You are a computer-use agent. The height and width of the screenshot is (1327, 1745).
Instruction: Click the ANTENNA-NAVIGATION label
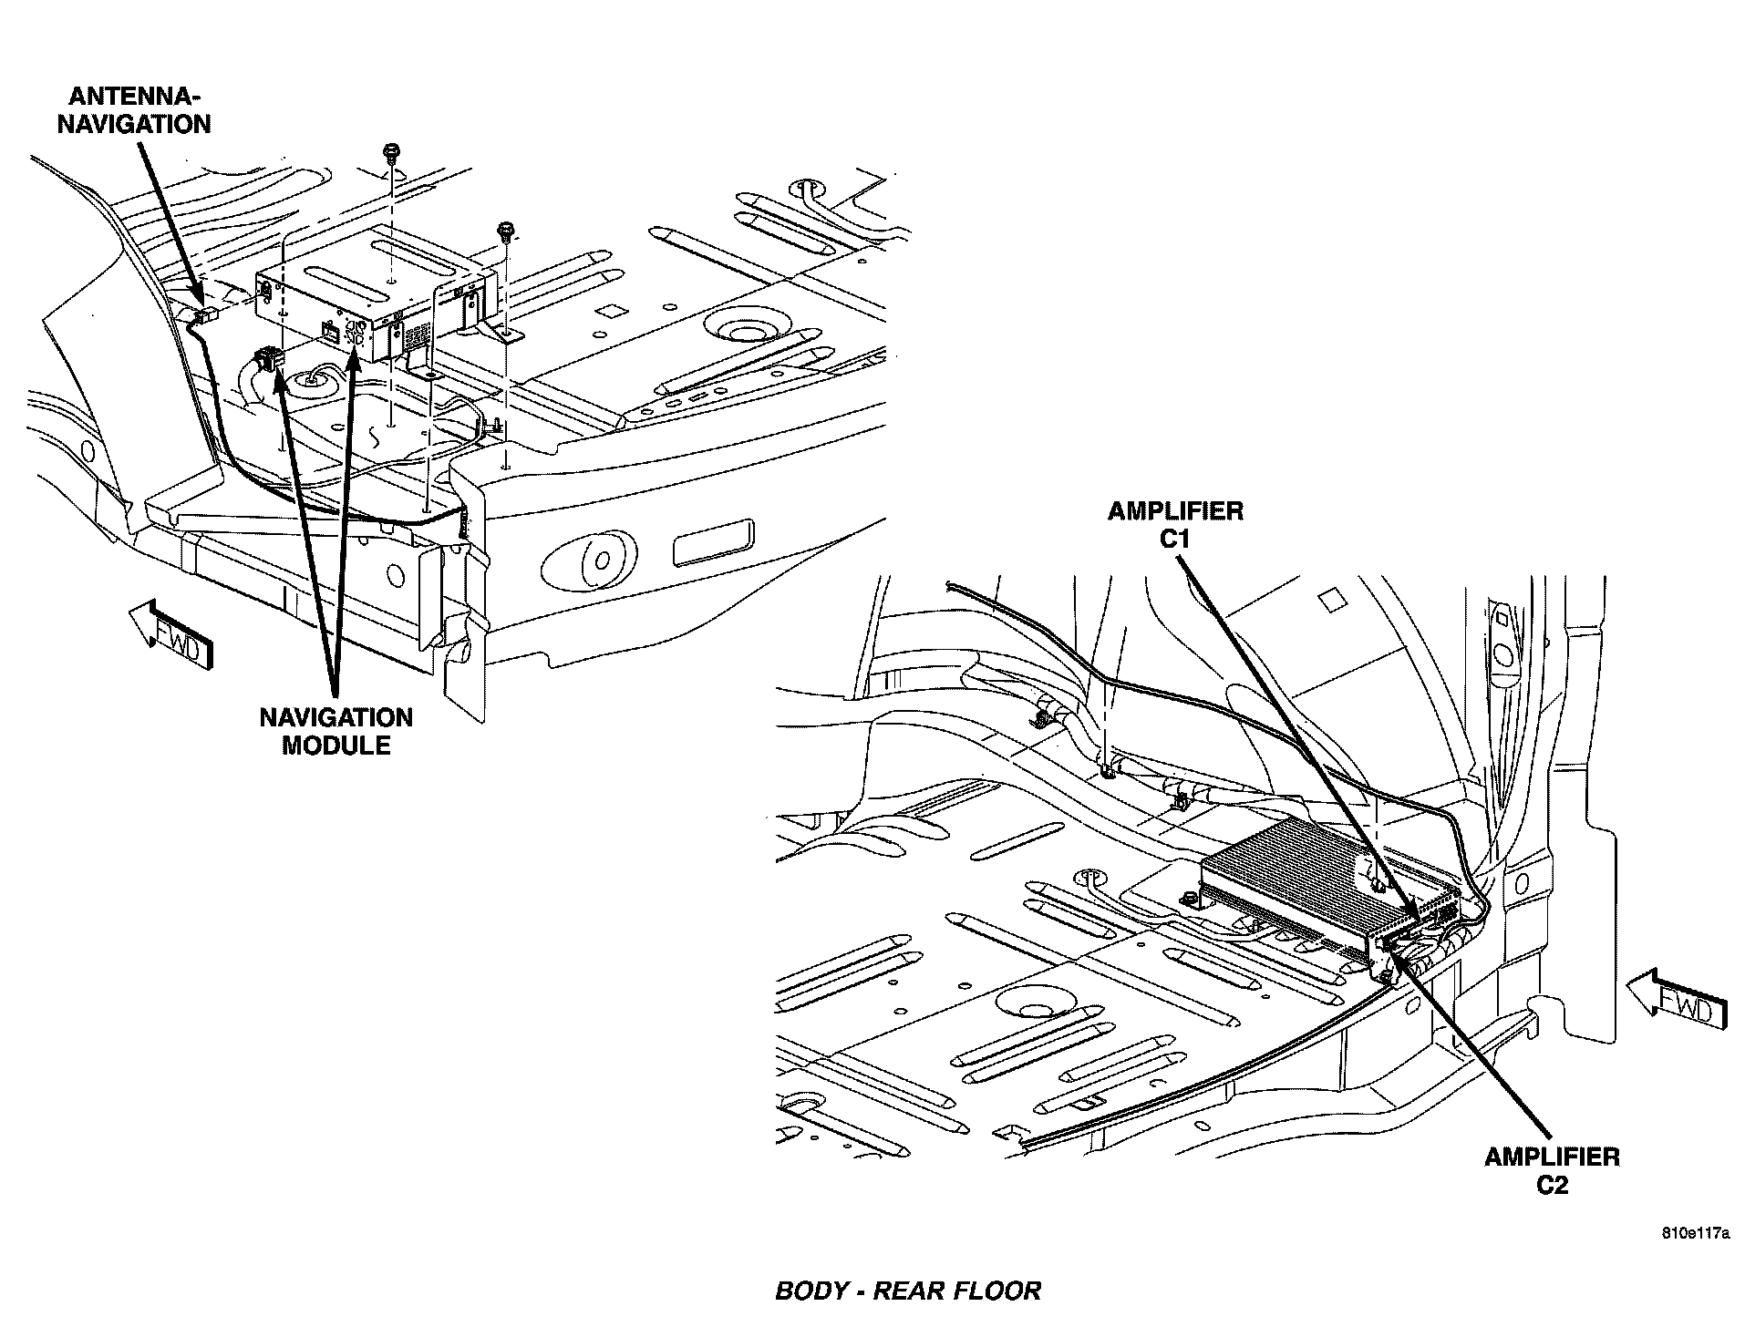click(135, 110)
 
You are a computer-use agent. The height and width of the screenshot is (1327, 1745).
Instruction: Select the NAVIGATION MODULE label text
click(336, 731)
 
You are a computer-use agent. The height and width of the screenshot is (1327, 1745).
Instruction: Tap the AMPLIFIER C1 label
click(1175, 524)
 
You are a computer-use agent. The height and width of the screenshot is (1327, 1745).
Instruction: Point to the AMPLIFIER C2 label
click(1552, 1170)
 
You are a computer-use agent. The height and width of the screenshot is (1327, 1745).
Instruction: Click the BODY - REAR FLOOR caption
click(907, 1291)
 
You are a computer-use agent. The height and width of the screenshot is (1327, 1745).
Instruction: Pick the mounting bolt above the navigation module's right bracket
click(504, 231)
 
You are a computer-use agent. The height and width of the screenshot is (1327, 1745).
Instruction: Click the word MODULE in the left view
click(336, 746)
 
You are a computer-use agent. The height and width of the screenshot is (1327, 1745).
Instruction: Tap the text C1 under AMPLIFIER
click(1175, 539)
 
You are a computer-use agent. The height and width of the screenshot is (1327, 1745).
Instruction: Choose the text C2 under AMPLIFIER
click(1552, 1185)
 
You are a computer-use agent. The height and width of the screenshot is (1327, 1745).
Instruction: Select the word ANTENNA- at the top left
click(135, 96)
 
